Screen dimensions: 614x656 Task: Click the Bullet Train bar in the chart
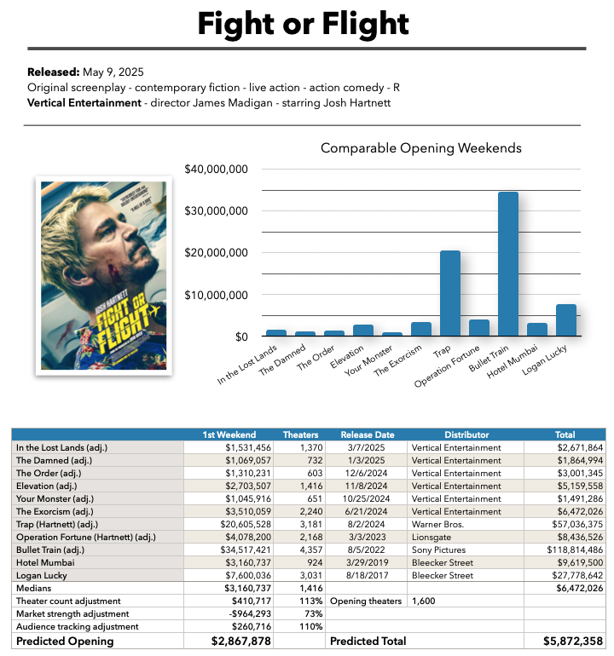click(x=508, y=263)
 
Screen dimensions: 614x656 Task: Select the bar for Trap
click(x=450, y=293)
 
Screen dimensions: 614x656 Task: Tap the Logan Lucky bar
click(x=566, y=320)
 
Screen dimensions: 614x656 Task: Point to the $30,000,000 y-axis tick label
click(x=216, y=211)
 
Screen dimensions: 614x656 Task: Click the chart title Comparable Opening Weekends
click(x=421, y=148)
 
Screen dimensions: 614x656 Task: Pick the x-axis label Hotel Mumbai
click(x=512, y=361)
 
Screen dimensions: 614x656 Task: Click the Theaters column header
click(x=300, y=434)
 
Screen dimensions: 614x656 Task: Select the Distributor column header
click(x=466, y=434)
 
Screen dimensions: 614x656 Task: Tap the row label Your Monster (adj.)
click(x=55, y=498)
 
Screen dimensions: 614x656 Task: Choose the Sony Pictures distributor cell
click(x=438, y=550)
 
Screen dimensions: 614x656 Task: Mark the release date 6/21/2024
click(x=366, y=511)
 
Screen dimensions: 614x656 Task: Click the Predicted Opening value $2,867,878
click(x=240, y=642)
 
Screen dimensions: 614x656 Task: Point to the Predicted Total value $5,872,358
click(x=573, y=642)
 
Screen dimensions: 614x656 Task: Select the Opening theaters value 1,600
click(x=424, y=601)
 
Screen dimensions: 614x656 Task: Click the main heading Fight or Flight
click(x=304, y=24)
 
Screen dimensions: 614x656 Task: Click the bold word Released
click(x=53, y=72)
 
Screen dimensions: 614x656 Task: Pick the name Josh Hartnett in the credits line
click(x=356, y=103)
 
